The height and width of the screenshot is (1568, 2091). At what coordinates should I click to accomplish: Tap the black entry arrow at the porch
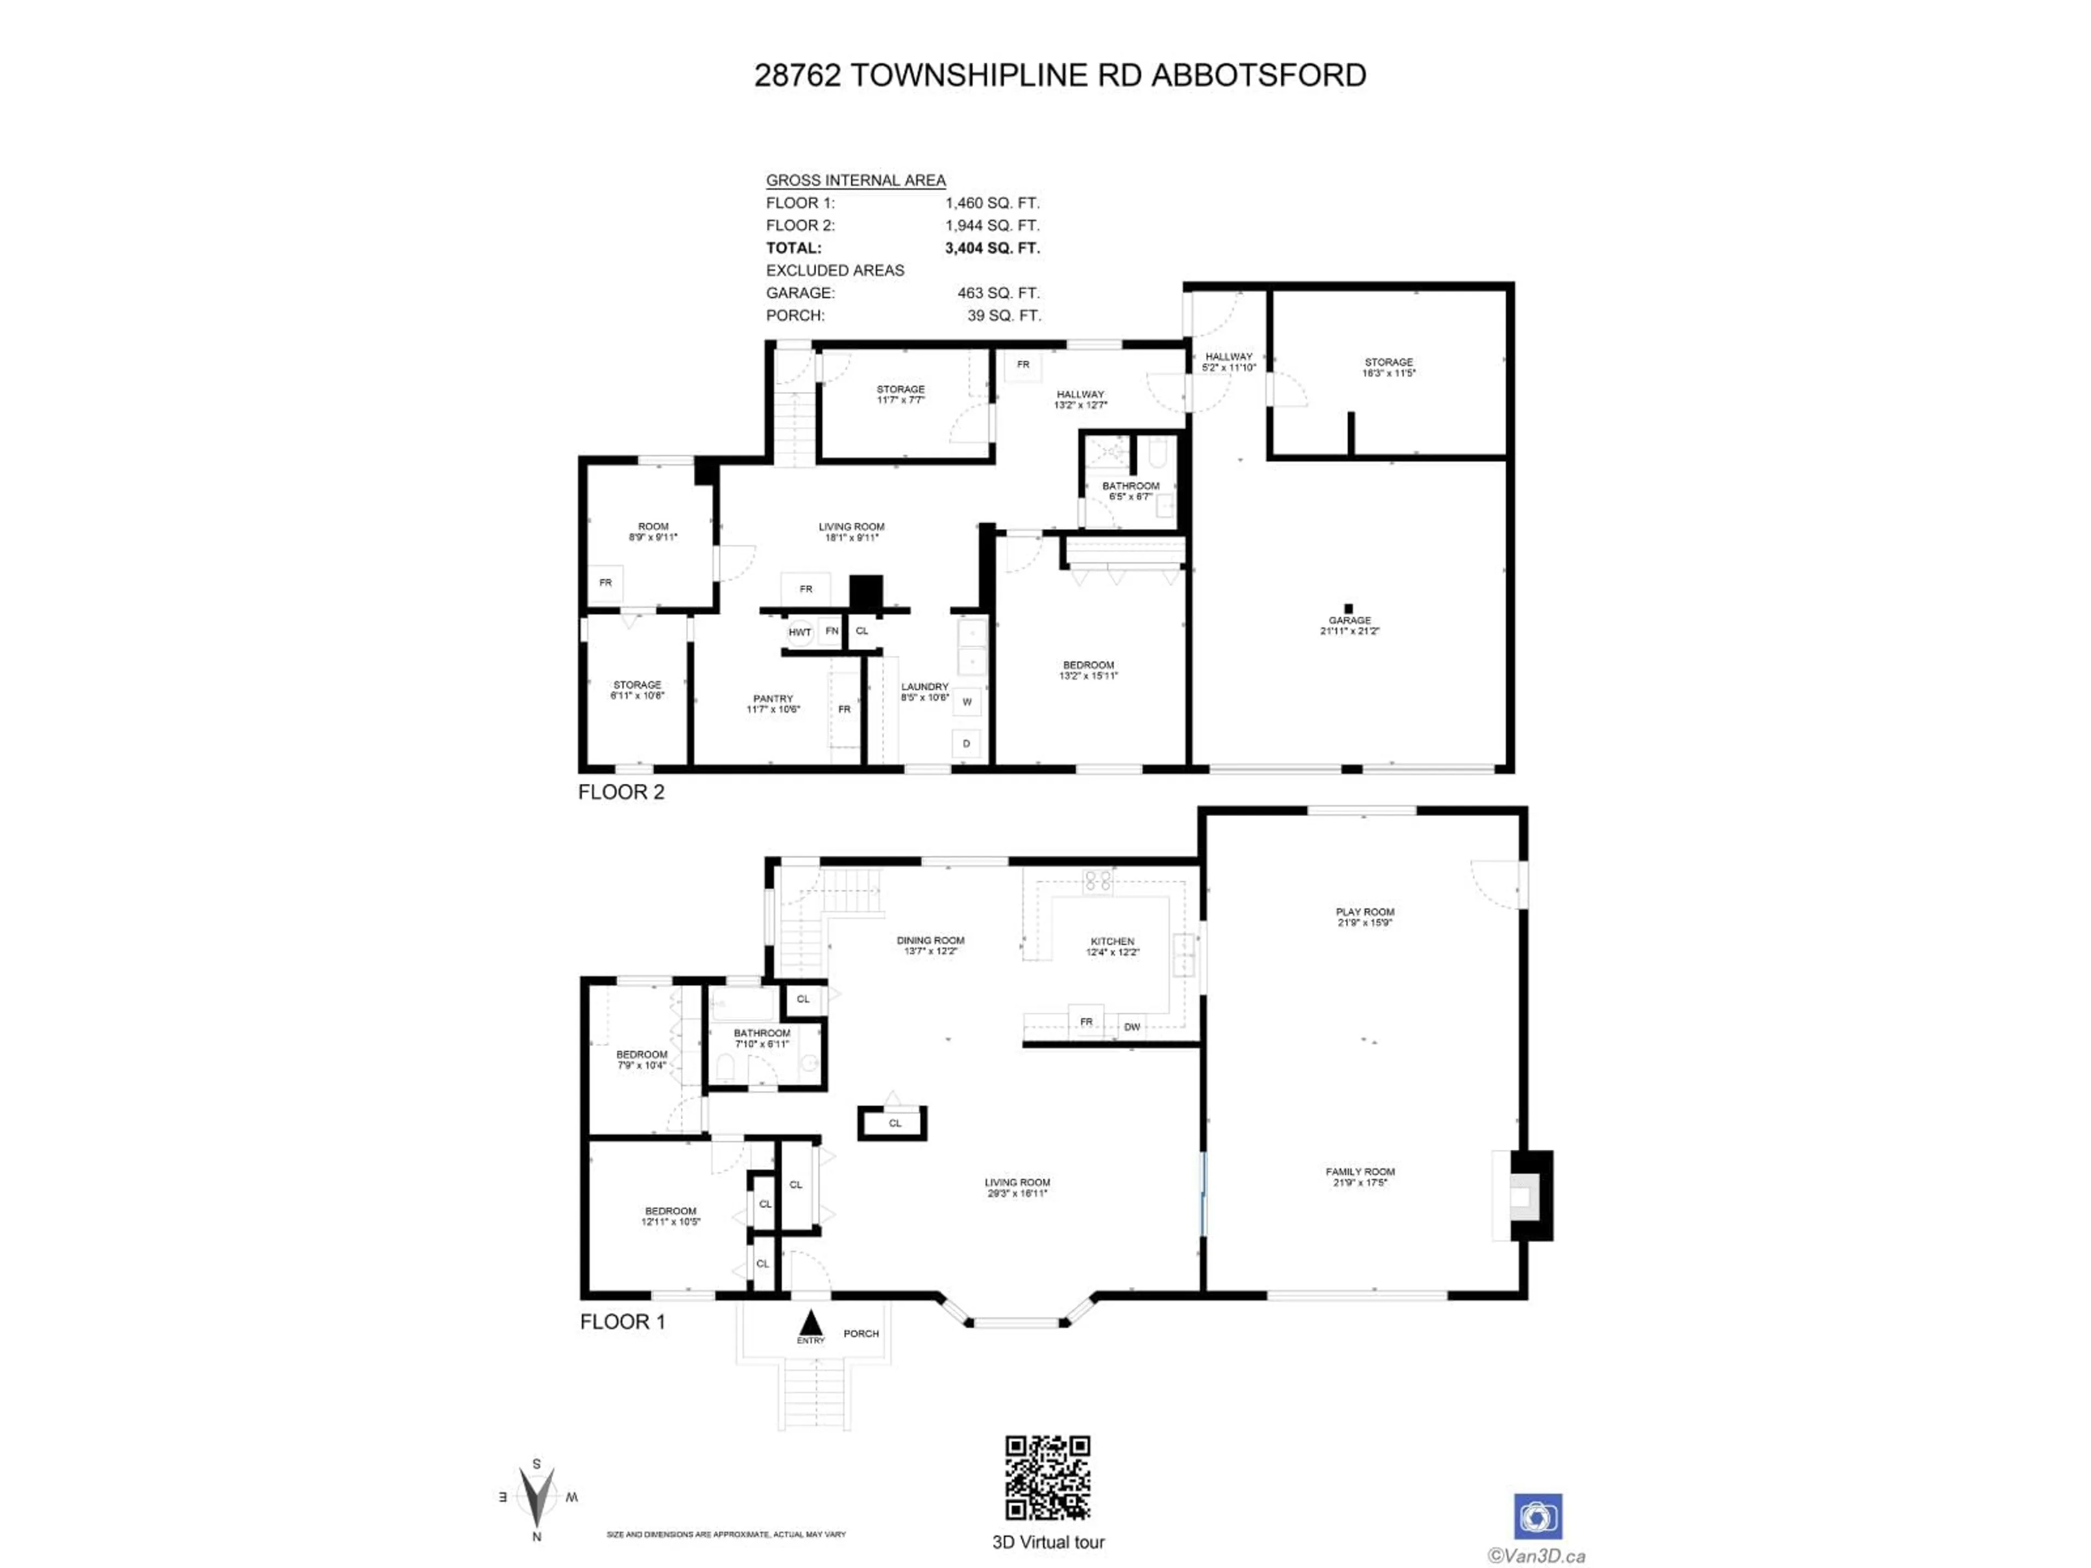[x=810, y=1321]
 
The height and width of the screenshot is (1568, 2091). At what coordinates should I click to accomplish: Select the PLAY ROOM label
[x=1364, y=912]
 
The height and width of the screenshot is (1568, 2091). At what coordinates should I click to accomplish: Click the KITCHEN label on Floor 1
[x=1112, y=941]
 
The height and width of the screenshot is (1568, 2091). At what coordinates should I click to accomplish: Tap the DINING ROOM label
[x=930, y=940]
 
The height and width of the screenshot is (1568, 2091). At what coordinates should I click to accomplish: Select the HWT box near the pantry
[x=800, y=632]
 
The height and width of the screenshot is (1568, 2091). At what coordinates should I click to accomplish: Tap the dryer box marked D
[x=966, y=744]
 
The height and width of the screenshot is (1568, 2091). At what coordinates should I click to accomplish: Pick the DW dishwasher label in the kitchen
[x=1132, y=1027]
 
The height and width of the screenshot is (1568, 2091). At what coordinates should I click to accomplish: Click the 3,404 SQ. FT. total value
[x=992, y=248]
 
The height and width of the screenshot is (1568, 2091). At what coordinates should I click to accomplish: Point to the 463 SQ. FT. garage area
[x=997, y=293]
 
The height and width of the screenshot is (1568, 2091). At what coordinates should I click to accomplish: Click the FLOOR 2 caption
[x=621, y=792]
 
